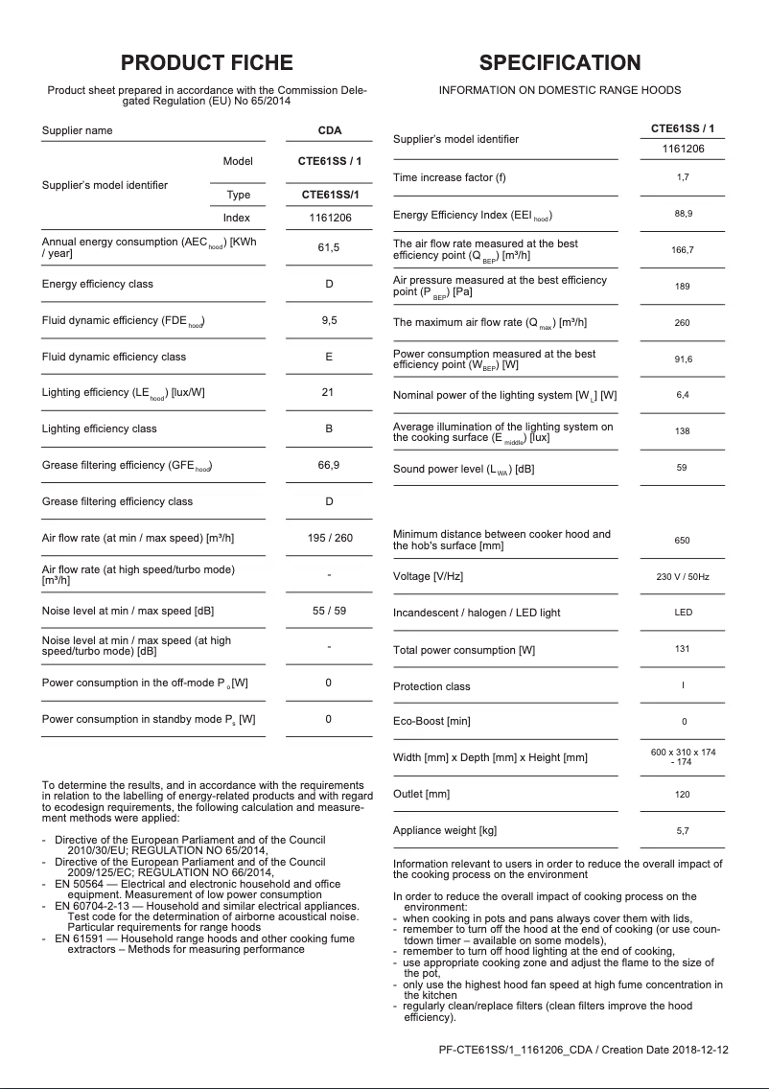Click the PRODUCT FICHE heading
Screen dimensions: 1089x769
(206, 63)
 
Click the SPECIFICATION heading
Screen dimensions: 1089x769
(560, 63)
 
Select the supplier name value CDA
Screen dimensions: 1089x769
(329, 130)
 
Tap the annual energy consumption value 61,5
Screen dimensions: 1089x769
(329, 247)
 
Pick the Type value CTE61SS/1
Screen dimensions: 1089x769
(329, 195)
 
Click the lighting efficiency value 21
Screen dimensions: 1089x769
(329, 392)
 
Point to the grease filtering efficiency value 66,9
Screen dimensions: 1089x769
(329, 465)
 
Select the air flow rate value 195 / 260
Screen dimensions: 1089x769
(329, 538)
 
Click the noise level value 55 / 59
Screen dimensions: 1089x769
(329, 610)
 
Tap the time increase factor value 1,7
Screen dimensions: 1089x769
(682, 177)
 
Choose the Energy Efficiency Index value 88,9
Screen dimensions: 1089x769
(682, 214)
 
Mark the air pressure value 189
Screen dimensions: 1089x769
(682, 286)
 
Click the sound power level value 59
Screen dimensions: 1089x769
(682, 468)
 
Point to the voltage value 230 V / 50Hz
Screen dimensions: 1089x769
(682, 576)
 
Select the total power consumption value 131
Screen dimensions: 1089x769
(682, 649)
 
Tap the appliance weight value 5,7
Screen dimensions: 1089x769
(682, 830)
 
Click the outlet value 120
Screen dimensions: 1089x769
(682, 794)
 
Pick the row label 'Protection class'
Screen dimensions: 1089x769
(431, 686)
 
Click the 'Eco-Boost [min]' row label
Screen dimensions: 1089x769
(431, 721)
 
